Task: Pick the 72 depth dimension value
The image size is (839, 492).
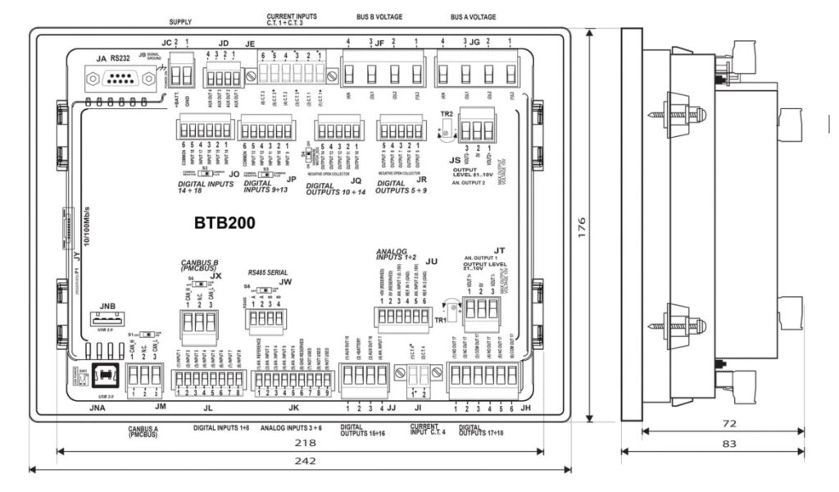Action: [x=724, y=424]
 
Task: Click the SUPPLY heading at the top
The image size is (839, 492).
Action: [x=179, y=22]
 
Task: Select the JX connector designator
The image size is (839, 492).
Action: [x=215, y=276]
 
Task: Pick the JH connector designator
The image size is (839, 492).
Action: [x=525, y=408]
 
